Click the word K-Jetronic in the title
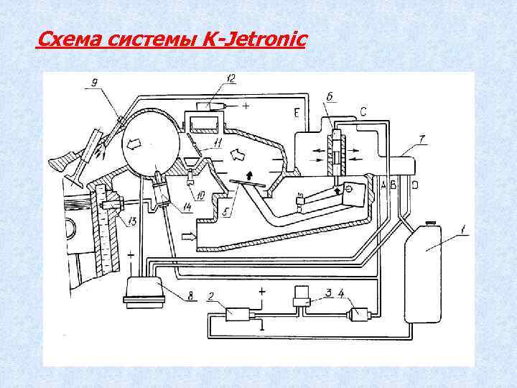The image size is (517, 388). point(255,38)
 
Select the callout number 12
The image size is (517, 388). point(231,78)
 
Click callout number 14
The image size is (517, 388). point(189,208)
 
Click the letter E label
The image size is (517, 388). point(296,113)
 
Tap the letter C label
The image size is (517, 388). point(364,112)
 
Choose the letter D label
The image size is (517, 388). point(415,185)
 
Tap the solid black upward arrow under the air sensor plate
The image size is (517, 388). point(249,174)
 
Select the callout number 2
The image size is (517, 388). point(210,295)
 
